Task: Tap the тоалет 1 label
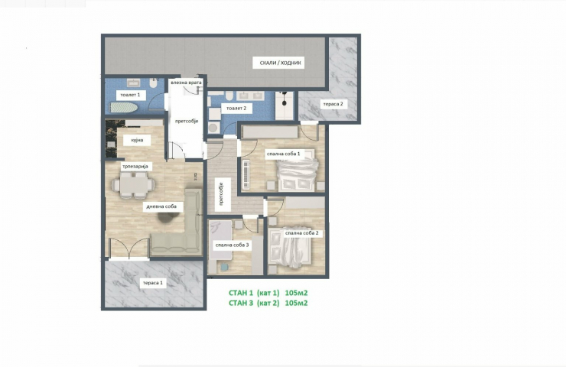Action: point(130,95)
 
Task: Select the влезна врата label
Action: point(187,83)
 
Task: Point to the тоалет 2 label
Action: point(236,108)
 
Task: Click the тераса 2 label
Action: point(333,104)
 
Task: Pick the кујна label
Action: point(137,140)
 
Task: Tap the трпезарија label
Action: point(135,167)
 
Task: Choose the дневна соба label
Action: point(161,206)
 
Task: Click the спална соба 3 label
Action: point(232,245)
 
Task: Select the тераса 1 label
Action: point(153,283)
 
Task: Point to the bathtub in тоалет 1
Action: point(124,107)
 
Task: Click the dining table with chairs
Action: point(133,184)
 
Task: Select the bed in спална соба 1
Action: point(298,174)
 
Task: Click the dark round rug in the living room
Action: point(168,217)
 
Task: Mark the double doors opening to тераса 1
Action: point(128,248)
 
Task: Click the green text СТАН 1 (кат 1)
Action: point(254,293)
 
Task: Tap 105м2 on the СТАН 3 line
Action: point(296,303)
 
